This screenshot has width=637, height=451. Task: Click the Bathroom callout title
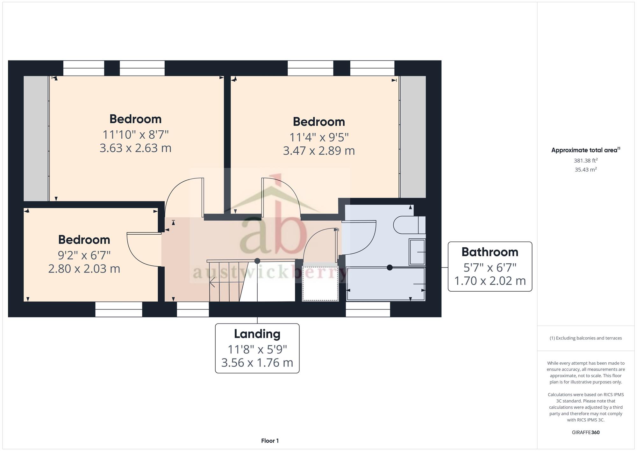pyautogui.click(x=490, y=252)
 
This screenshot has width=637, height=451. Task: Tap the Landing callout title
pyautogui.click(x=257, y=334)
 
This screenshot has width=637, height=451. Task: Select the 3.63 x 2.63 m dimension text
pyautogui.click(x=135, y=148)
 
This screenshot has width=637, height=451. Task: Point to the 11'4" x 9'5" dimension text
pyautogui.click(x=319, y=137)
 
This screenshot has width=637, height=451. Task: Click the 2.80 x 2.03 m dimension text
pyautogui.click(x=84, y=269)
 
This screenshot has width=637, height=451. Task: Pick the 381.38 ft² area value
pyautogui.click(x=586, y=161)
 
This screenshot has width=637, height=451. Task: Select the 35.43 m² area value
pyautogui.click(x=586, y=170)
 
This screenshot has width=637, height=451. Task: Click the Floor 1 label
pyautogui.click(x=270, y=441)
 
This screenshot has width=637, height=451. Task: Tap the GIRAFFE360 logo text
pyautogui.click(x=586, y=433)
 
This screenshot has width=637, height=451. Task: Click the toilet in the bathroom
pyautogui.click(x=409, y=225)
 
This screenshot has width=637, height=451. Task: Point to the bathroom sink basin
pyautogui.click(x=417, y=252)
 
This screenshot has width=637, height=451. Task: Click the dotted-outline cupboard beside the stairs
pyautogui.click(x=320, y=282)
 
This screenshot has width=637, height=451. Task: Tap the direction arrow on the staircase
pyautogui.click(x=212, y=282)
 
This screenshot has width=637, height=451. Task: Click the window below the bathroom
pyautogui.click(x=368, y=309)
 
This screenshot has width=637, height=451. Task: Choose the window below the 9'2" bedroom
pyautogui.click(x=118, y=309)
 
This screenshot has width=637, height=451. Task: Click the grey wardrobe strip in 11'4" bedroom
pyautogui.click(x=413, y=137)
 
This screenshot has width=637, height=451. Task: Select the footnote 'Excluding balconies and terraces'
pyautogui.click(x=586, y=338)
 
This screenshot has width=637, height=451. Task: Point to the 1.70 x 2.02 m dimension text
pyautogui.click(x=490, y=281)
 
